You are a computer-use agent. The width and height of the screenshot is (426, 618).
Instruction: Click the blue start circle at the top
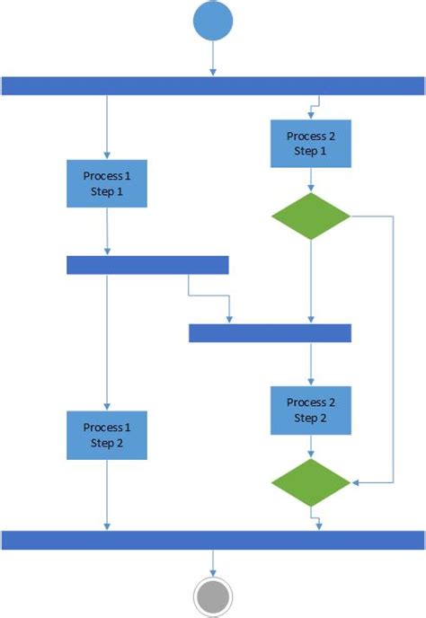pos(213,22)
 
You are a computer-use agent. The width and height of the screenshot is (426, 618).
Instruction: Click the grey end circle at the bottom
pos(213,596)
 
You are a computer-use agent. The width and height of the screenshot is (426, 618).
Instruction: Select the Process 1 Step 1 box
pos(107,183)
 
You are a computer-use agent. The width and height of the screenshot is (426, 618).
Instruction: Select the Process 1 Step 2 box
pos(107,435)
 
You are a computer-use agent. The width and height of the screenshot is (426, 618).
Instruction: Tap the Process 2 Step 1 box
pos(310,143)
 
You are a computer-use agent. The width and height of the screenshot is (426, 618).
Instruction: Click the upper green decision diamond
pos(310,216)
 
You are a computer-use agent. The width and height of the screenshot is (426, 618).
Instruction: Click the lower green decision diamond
pos(310,483)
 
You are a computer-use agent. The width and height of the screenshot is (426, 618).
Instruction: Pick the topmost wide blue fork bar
pos(213,85)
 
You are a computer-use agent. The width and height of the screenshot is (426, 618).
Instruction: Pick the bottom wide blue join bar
pos(213,539)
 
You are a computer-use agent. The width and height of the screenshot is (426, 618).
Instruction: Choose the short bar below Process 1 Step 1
pos(147,264)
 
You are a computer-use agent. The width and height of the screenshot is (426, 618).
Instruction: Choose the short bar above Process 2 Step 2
pos(270,333)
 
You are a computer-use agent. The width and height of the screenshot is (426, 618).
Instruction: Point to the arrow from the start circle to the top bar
pos(213,59)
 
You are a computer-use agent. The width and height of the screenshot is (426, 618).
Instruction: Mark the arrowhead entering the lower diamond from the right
pos(356,483)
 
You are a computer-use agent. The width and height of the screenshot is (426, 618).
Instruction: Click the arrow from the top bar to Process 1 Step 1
pos(107,126)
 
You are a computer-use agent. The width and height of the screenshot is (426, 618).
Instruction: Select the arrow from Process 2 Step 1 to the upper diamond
pos(310,180)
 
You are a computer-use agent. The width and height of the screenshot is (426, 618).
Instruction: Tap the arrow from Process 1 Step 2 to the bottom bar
pos(107,494)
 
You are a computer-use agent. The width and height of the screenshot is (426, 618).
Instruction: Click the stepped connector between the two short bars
pos(209,295)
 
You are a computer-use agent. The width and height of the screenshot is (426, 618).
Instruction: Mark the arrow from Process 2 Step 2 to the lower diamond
pos(310,446)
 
